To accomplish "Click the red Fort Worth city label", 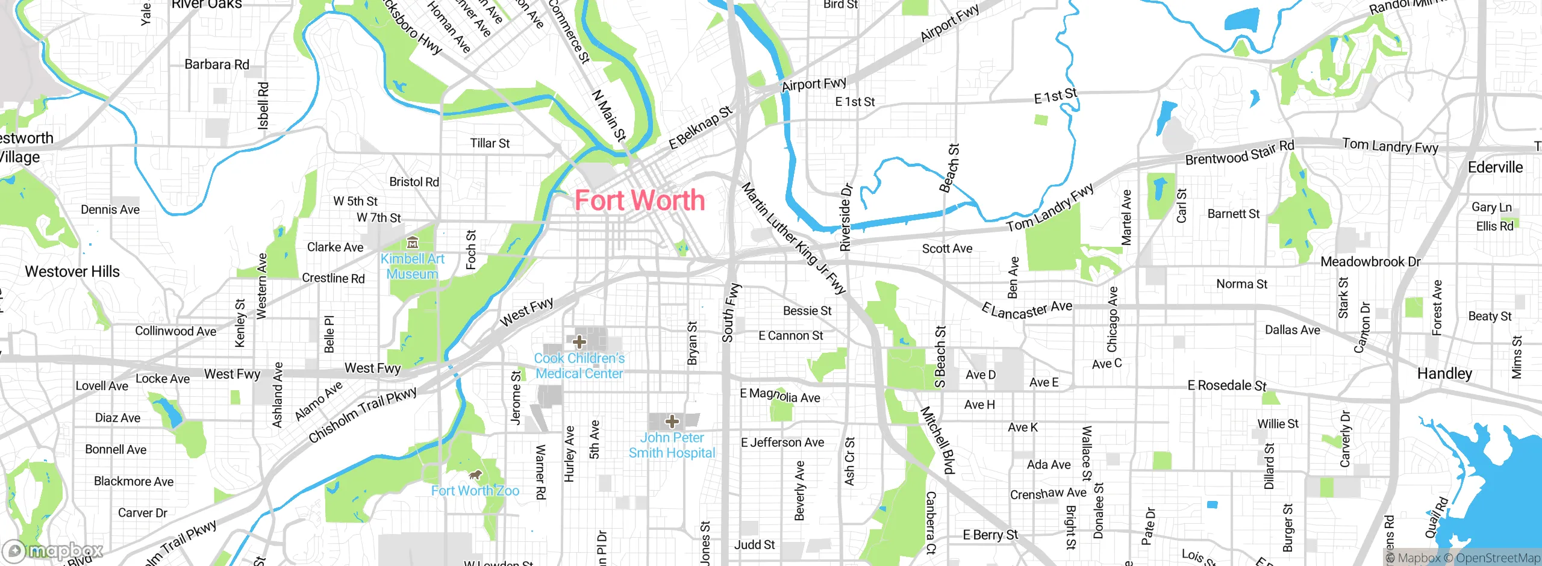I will pyautogui.click(x=639, y=201).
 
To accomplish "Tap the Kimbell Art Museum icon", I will pyautogui.click(x=413, y=243).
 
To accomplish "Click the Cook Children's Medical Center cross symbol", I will pyautogui.click(x=579, y=342).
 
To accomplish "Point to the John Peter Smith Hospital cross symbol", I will pyautogui.click(x=672, y=421).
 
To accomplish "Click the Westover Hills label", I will pyautogui.click(x=72, y=272).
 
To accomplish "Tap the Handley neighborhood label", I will pyautogui.click(x=1444, y=373).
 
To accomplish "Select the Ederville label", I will pyautogui.click(x=1495, y=167).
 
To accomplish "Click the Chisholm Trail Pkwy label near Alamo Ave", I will pyautogui.click(x=363, y=415).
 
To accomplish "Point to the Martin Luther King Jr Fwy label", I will pyautogui.click(x=793, y=238).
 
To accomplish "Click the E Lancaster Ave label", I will pyautogui.click(x=1027, y=309).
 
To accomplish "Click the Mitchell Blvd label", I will pyautogui.click(x=938, y=440).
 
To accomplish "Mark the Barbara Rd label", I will pyautogui.click(x=217, y=64).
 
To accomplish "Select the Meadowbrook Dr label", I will pyautogui.click(x=1370, y=262).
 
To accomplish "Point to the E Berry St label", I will pyautogui.click(x=990, y=535).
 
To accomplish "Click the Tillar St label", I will pyautogui.click(x=490, y=143).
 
